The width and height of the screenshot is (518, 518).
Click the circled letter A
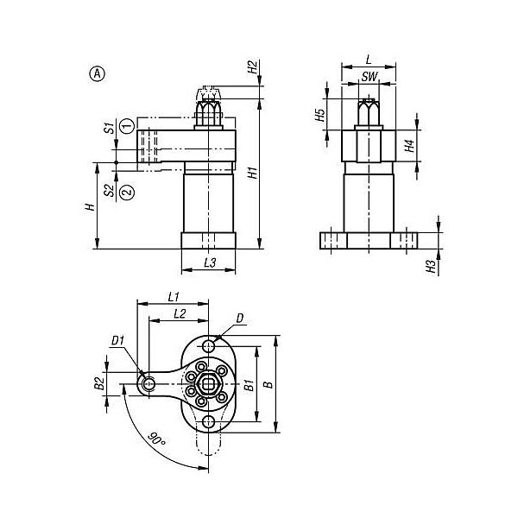(x=97, y=74)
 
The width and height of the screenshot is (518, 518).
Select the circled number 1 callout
(x=127, y=126)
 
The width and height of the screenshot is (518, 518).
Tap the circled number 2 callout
(x=127, y=193)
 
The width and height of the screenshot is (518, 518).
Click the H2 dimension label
(x=253, y=67)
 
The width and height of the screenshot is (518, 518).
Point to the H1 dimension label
(x=253, y=173)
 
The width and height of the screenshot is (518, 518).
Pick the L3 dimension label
(x=210, y=262)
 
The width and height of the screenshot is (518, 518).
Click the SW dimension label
(x=369, y=77)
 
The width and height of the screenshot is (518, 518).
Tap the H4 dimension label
(x=409, y=146)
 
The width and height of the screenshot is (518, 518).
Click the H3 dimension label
(x=431, y=266)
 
